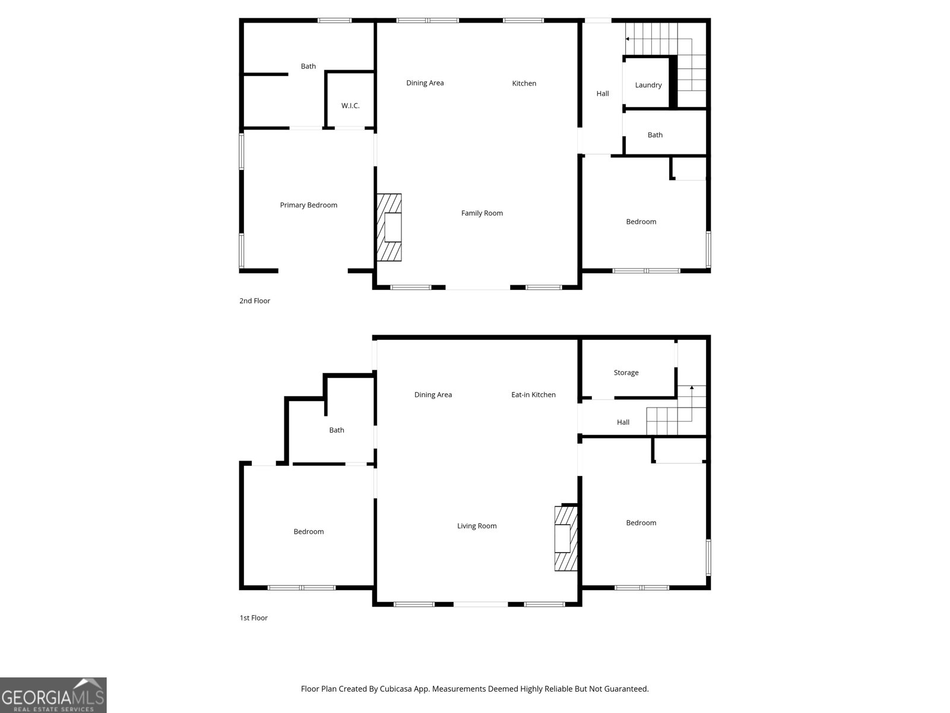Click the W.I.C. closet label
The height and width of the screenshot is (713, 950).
point(350,106)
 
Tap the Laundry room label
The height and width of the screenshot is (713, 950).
point(648,85)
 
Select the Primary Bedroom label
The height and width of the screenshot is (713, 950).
point(308,205)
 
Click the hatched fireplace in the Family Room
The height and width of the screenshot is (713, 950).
point(389,228)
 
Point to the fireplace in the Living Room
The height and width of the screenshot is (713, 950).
point(565,538)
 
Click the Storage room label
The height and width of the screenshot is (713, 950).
point(626,373)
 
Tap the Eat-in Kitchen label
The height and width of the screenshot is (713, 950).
point(533,395)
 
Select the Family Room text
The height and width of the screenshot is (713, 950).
point(482,213)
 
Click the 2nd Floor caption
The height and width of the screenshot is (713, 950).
point(254,301)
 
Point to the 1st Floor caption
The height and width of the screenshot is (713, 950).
point(254,618)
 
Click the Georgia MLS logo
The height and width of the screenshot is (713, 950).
point(53,695)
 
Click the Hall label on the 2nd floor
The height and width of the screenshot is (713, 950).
point(602,93)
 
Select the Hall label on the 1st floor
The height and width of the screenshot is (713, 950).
point(623,422)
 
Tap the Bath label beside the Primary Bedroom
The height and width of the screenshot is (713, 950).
point(308,67)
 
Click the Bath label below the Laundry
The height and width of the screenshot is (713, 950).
point(655,135)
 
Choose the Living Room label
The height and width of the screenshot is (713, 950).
point(477,526)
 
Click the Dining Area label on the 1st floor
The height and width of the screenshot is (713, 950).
point(433,395)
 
